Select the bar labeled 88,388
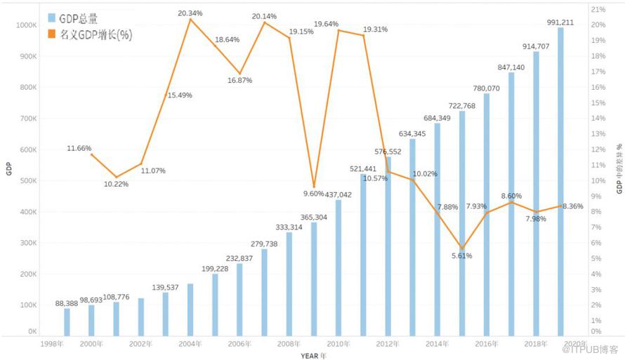(x=67, y=321)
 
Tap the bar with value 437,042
(x=338, y=267)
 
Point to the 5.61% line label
(x=461, y=256)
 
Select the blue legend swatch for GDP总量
(x=51, y=18)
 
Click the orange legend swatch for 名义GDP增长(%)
(x=51, y=34)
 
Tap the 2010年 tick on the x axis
(x=338, y=345)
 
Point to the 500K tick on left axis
(x=27, y=180)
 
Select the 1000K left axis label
(x=26, y=25)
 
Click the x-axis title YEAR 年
(x=312, y=355)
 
